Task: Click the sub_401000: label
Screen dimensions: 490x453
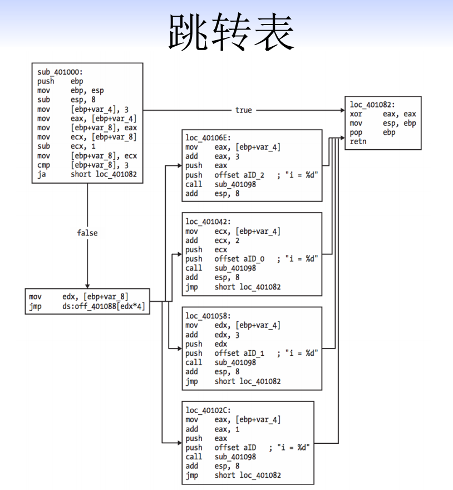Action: [x=60, y=72]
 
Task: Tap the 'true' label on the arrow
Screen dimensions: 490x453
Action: [x=243, y=110]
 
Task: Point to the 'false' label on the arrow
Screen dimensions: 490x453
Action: [x=87, y=233]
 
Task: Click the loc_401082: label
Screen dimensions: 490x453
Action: [x=373, y=105]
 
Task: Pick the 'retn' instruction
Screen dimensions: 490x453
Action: [x=358, y=141]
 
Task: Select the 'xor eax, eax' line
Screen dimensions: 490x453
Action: [x=383, y=114]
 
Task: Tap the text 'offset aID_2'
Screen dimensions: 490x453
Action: [x=241, y=175]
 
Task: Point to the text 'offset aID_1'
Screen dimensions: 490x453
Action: [x=241, y=353]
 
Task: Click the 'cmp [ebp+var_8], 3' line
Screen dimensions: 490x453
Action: [x=87, y=165]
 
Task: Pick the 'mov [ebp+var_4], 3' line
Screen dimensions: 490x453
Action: [x=87, y=109]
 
